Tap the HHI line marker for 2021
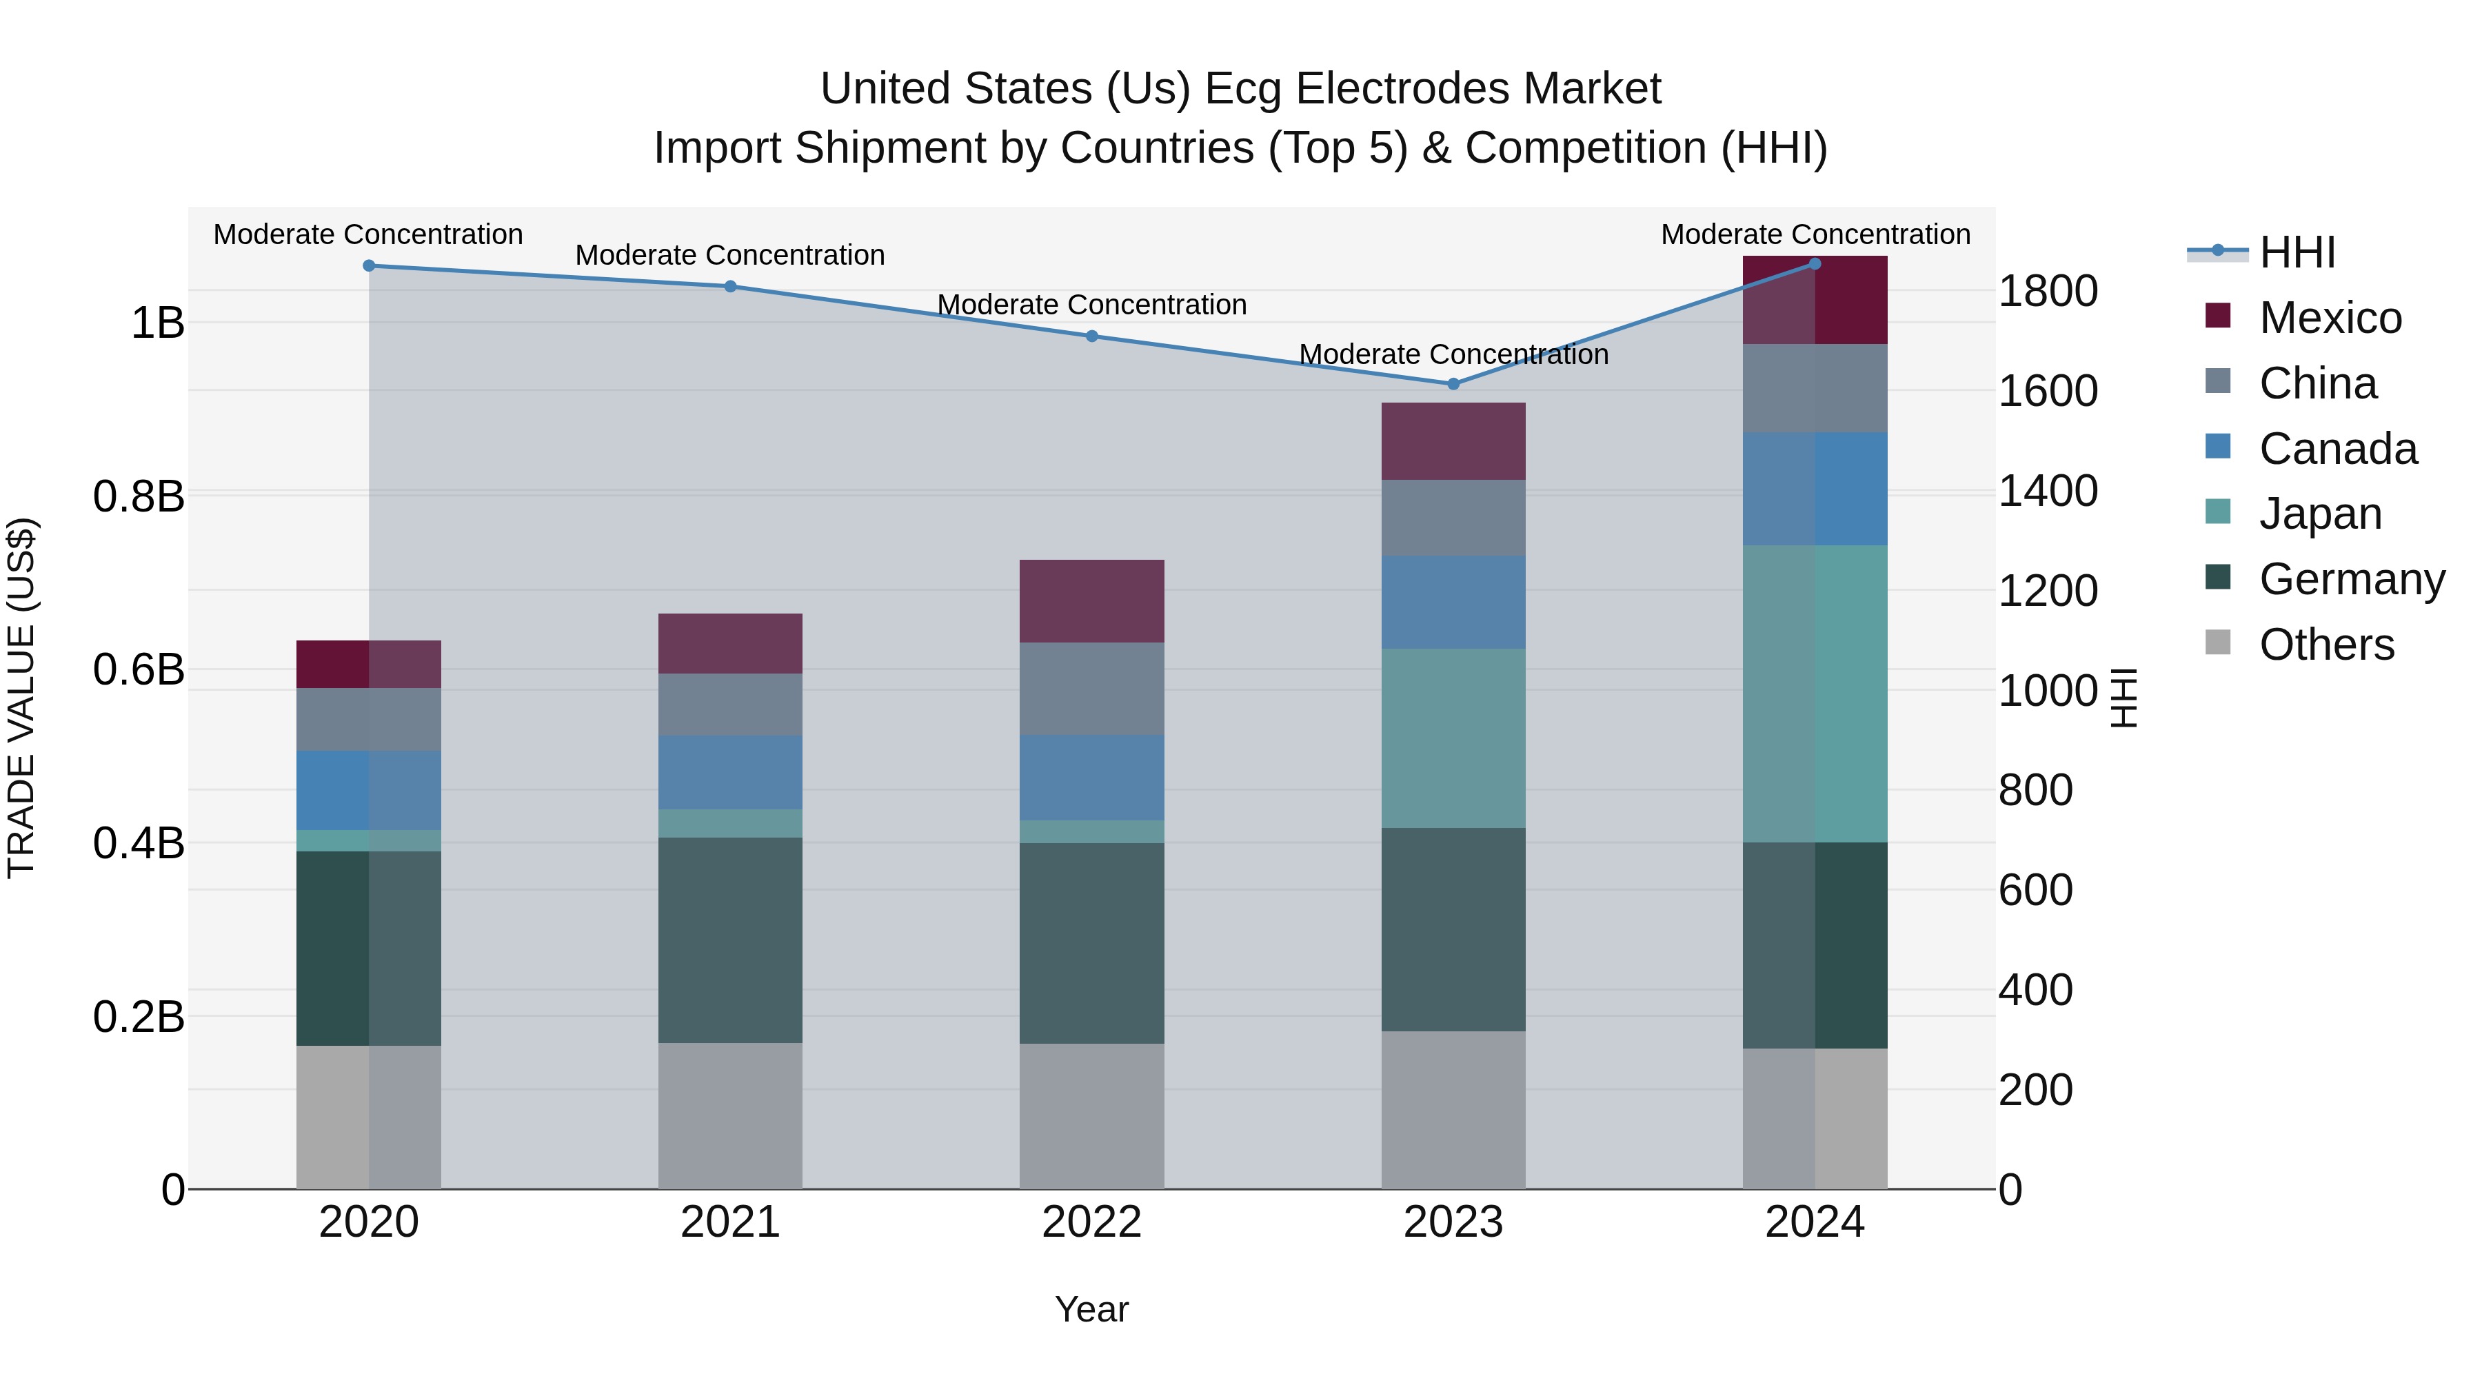729,286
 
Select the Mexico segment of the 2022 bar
1091,601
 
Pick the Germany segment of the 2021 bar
729,940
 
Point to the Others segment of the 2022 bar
1091,1115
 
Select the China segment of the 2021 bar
729,705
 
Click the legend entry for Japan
2319,514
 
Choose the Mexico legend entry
2329,318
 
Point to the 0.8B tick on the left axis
139,497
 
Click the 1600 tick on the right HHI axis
2048,391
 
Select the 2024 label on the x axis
1815,1222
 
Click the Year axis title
1091,1309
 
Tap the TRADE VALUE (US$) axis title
21,698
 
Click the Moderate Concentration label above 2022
1091,305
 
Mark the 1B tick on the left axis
157,323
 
